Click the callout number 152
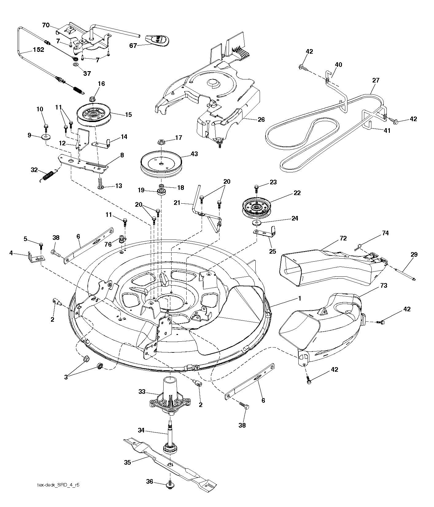(x=38, y=50)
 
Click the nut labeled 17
(x=161, y=142)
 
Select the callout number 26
(x=261, y=120)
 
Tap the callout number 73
(x=383, y=286)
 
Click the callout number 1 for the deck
(x=300, y=298)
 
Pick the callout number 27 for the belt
(x=376, y=80)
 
